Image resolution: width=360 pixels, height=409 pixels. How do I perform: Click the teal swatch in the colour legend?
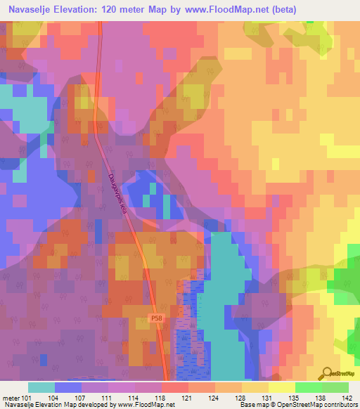pyautogui.click(x=41, y=387)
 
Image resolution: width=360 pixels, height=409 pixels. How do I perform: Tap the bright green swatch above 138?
pyautogui.click(x=308, y=387)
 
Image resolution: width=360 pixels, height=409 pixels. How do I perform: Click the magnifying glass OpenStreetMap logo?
pyautogui.click(x=327, y=374)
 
